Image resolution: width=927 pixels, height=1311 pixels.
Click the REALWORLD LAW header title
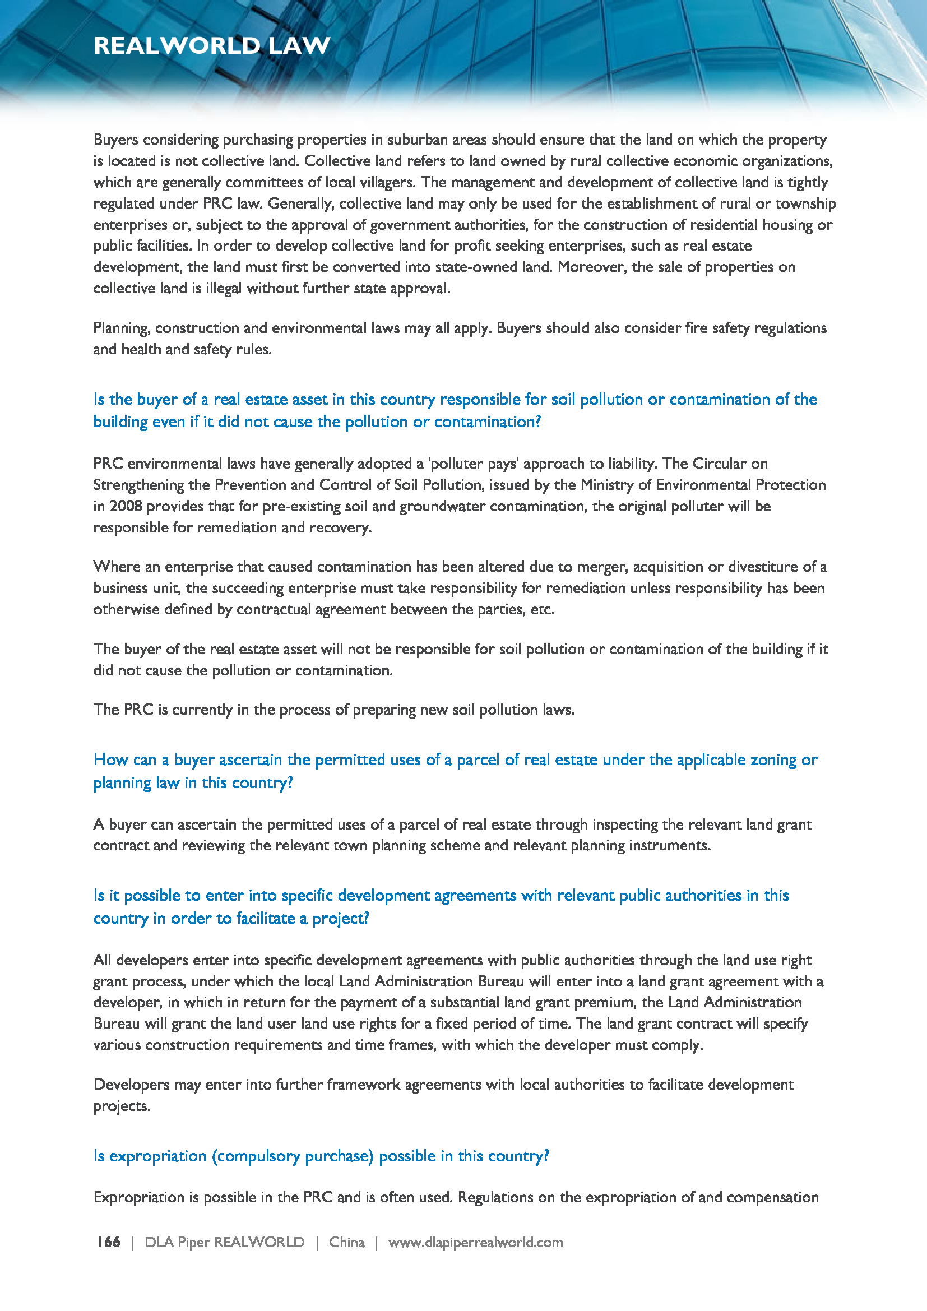(212, 45)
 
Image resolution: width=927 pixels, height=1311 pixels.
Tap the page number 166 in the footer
(108, 1243)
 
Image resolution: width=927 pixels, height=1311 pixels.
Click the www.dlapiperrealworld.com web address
(475, 1243)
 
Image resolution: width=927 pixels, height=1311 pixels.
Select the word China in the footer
(346, 1243)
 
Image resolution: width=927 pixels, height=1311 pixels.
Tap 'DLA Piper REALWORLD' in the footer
(224, 1243)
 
